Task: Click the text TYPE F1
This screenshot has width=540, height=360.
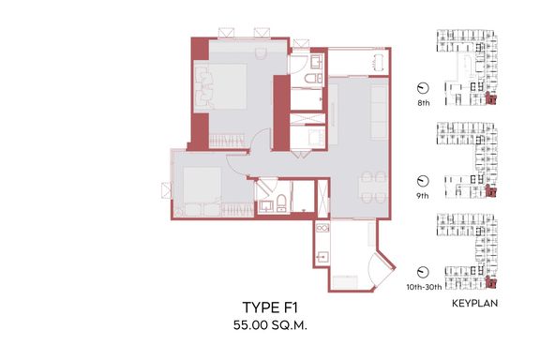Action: pyautogui.click(x=270, y=307)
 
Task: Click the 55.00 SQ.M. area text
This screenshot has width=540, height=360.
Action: pyautogui.click(x=270, y=325)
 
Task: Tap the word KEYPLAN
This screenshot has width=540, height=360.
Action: pyautogui.click(x=474, y=303)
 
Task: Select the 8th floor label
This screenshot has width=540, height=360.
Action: pyautogui.click(x=423, y=103)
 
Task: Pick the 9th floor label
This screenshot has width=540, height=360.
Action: pyautogui.click(x=423, y=196)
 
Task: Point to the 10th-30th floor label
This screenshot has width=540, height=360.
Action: pyautogui.click(x=424, y=287)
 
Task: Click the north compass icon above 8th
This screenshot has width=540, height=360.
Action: pyautogui.click(x=423, y=88)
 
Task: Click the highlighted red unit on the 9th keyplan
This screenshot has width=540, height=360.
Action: pyautogui.click(x=490, y=191)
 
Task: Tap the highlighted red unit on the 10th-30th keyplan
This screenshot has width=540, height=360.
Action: pyautogui.click(x=490, y=282)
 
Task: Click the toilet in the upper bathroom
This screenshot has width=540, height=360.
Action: pyautogui.click(x=313, y=78)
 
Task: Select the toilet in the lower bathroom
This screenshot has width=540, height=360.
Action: pyautogui.click(x=281, y=202)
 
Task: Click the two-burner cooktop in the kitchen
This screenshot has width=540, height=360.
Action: pyautogui.click(x=322, y=228)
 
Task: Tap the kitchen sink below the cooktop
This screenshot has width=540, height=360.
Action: pyautogui.click(x=322, y=257)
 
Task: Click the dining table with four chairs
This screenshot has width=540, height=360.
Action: pyautogui.click(x=373, y=187)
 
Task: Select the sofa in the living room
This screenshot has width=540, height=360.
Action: pyautogui.click(x=380, y=112)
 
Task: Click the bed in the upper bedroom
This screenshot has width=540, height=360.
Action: pyautogui.click(x=220, y=86)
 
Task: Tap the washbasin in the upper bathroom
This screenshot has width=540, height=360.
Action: pyautogui.click(x=316, y=62)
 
